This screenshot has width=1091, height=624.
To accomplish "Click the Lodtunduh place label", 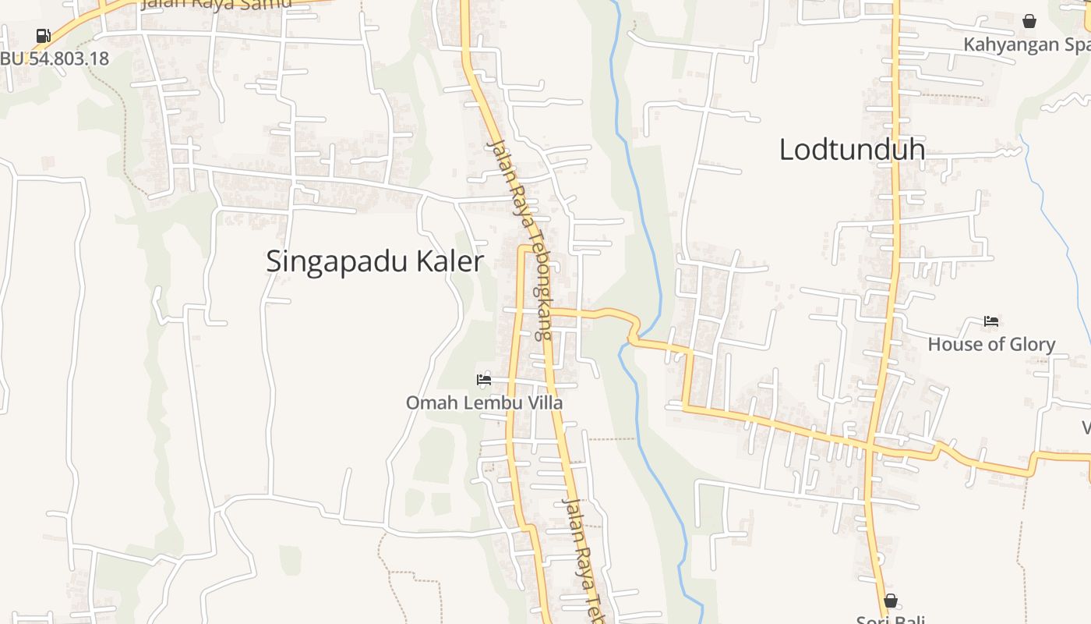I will pyautogui.click(x=852, y=149).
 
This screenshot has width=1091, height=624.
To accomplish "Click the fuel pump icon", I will pyautogui.click(x=43, y=35).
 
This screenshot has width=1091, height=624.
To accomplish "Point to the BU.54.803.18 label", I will pyautogui.click(x=55, y=58).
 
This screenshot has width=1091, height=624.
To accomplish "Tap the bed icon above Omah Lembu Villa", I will pyautogui.click(x=484, y=380).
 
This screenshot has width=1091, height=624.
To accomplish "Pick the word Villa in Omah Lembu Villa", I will pyautogui.click(x=546, y=402).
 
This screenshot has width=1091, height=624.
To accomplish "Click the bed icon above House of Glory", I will pyautogui.click(x=991, y=321).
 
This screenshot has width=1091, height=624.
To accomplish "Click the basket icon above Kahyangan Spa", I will pyautogui.click(x=1029, y=21).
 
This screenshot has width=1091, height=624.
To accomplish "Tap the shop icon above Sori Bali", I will pyautogui.click(x=890, y=601).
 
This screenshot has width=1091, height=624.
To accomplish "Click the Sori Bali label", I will pyautogui.click(x=890, y=620).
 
